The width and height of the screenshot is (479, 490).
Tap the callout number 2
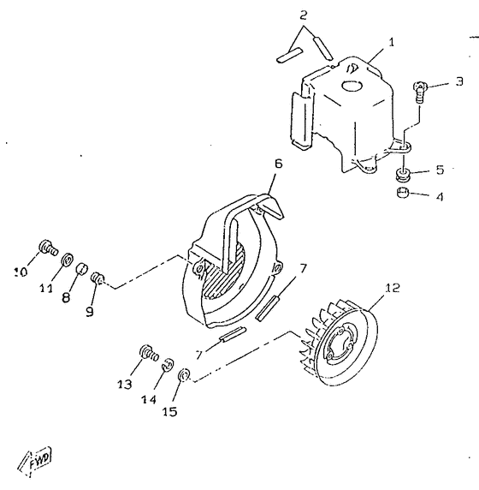(302, 15)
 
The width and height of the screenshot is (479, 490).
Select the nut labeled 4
(403, 194)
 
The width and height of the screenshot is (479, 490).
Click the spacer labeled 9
(99, 278)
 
